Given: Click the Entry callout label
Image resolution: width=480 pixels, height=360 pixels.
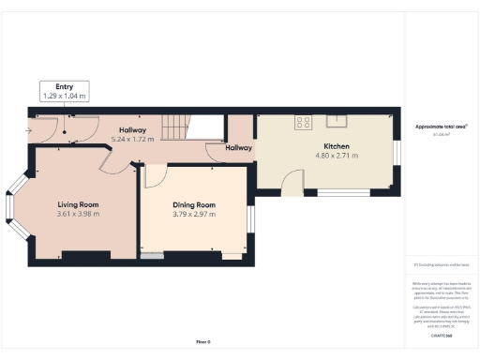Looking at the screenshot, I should (x=65, y=86).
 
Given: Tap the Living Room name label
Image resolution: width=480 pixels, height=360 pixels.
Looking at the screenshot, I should (x=78, y=204).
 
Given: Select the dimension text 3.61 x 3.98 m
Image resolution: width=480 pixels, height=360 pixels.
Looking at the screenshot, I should (x=78, y=214).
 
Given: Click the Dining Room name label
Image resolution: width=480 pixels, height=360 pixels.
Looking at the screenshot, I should (x=194, y=204).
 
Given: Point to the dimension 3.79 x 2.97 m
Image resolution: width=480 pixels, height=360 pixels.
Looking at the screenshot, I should (x=194, y=214).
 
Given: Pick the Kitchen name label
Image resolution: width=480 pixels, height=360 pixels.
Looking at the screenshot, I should (x=337, y=146).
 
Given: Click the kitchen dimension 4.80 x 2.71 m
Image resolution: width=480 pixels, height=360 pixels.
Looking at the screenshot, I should (x=337, y=156).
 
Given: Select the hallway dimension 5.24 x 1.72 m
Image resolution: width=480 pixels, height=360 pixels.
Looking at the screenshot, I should (x=132, y=139).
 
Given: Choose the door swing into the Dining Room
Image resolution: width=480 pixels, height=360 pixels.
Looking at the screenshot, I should (x=156, y=176).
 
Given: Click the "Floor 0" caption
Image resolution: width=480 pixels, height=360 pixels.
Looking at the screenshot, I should (x=203, y=341).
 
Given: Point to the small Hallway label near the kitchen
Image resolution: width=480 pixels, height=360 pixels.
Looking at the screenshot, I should (x=238, y=147).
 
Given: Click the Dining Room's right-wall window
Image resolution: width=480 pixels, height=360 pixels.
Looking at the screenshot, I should (x=250, y=217).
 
